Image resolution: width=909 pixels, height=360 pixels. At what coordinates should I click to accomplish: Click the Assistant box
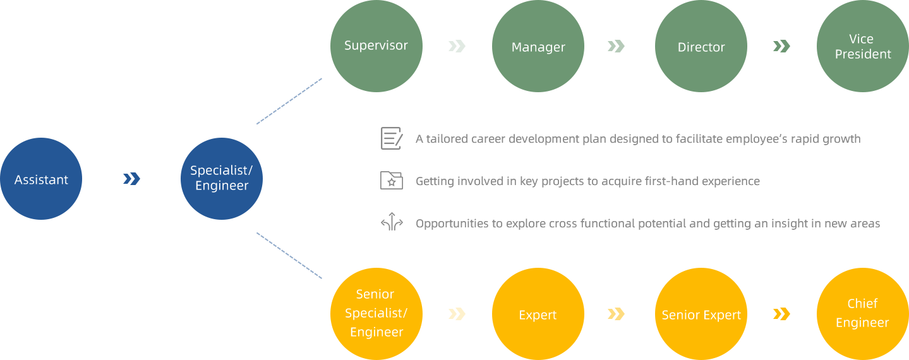point(41,179)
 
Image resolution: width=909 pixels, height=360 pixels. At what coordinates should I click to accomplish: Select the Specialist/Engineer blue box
point(221,179)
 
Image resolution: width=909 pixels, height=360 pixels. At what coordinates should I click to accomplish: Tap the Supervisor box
point(376,46)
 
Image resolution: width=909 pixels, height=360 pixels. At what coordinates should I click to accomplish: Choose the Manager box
point(538,46)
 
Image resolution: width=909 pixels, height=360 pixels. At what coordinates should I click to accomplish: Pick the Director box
point(701,46)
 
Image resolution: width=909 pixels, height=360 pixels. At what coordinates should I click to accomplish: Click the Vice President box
point(862,46)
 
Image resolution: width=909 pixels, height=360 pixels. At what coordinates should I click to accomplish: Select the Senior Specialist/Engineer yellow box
point(376,313)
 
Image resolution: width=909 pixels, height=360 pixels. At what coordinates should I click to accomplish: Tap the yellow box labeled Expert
point(538,313)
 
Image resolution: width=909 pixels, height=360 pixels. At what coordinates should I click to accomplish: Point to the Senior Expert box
point(701,313)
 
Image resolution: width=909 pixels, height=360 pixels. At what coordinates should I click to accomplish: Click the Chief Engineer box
point(862,313)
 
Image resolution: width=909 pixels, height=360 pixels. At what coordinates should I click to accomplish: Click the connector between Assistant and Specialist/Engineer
point(131,179)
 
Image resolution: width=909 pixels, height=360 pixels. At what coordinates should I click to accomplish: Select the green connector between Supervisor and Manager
point(457,45)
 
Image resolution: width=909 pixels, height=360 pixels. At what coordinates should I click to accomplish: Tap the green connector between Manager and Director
point(616,45)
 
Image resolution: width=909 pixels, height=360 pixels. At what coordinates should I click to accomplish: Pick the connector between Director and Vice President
point(781,45)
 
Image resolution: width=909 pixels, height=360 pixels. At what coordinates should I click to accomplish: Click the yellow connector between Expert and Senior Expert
point(616,313)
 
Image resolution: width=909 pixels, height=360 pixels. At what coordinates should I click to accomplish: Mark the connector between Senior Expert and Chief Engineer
point(781,313)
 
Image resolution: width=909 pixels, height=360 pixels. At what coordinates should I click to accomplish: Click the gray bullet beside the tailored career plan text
point(392,138)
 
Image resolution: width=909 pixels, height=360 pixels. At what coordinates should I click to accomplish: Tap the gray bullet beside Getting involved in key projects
point(391,180)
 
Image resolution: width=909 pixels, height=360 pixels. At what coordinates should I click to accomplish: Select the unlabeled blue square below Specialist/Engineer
point(289,255)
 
